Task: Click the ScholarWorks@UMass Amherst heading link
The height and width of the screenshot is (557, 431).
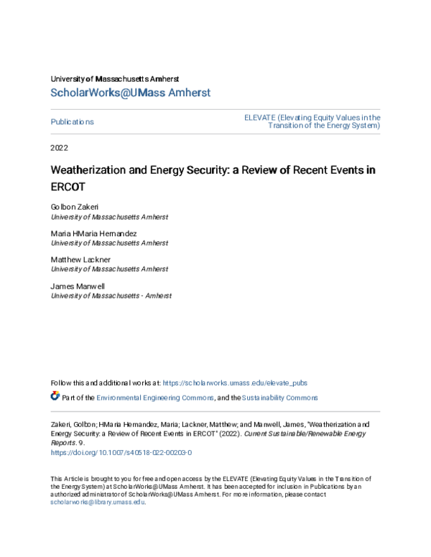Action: pos(130,93)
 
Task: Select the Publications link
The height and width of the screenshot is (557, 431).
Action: pos(72,122)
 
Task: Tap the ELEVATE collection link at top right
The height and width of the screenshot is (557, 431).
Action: pos(312,121)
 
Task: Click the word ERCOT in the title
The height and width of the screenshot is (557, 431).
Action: pos(68,187)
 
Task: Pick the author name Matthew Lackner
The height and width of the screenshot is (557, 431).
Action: pos(80,260)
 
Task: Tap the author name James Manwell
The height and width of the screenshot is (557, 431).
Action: pos(77,286)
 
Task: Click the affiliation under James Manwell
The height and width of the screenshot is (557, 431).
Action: pos(111,295)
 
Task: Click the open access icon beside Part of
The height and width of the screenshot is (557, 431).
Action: pos(55,396)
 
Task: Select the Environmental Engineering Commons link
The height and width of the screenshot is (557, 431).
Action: pos(154,398)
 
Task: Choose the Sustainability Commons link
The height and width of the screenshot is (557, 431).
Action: pos(279,398)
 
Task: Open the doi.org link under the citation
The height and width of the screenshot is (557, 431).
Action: pos(121,453)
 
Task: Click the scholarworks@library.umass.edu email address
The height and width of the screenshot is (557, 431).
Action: pos(97,502)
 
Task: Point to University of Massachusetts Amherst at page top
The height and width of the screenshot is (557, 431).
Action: pos(115,78)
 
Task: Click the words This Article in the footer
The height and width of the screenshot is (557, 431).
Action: pos(65,478)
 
